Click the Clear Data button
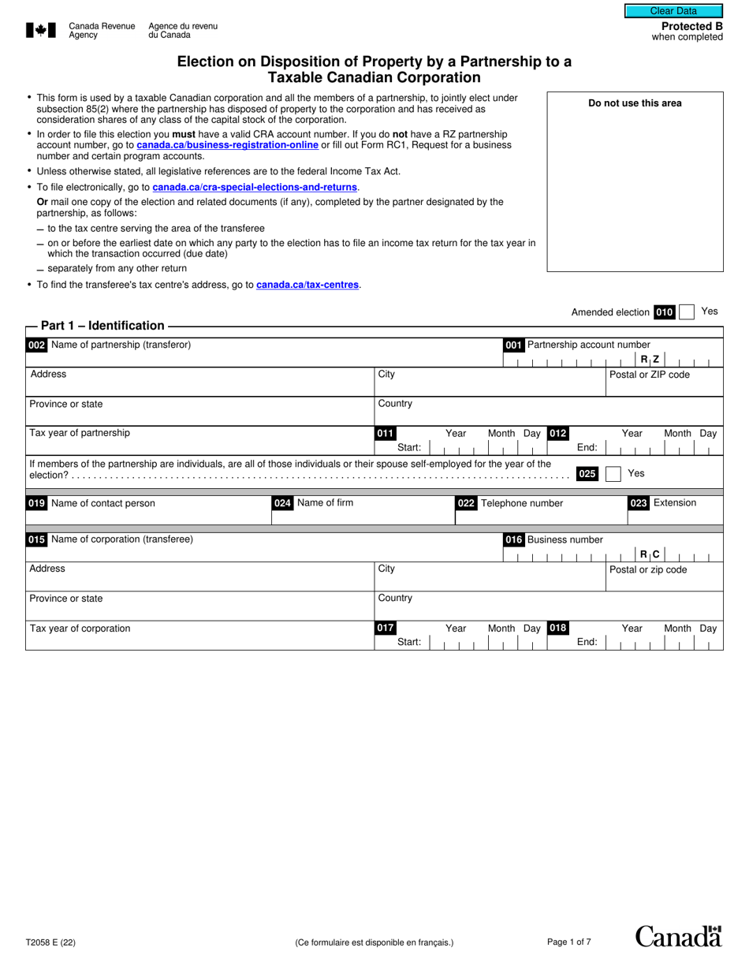pyautogui.click(x=673, y=11)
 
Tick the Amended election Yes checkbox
pyautogui.click(x=687, y=312)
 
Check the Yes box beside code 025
pyautogui.click(x=613, y=474)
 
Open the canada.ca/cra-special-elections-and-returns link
pyautogui.click(x=255, y=187)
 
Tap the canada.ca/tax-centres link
pyautogui.click(x=307, y=285)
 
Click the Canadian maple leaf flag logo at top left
pyautogui.click(x=42, y=31)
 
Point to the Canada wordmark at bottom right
pyautogui.click(x=678, y=936)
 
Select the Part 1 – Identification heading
pyautogui.click(x=102, y=326)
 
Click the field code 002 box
pyautogui.click(x=36, y=345)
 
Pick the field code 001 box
pyautogui.click(x=513, y=345)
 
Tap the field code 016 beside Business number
pyautogui.click(x=513, y=540)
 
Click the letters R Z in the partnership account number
pyautogui.click(x=650, y=360)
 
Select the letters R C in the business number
pyautogui.click(x=650, y=554)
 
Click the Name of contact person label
pyautogui.click(x=102, y=503)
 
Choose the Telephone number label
pyautogui.click(x=522, y=503)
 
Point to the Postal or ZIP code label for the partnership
pyautogui.click(x=650, y=375)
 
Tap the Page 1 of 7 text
pyautogui.click(x=568, y=942)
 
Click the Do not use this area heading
pyautogui.click(x=635, y=103)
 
